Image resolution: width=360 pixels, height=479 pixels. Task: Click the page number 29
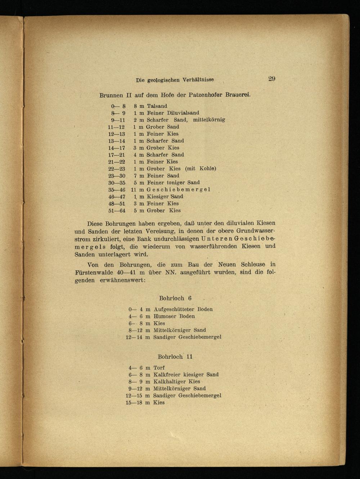coord(272,79)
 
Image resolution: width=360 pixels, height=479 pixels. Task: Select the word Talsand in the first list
coord(157,106)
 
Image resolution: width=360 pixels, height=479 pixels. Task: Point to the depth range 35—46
coord(117,189)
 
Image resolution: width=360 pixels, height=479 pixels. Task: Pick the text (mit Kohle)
coord(201,169)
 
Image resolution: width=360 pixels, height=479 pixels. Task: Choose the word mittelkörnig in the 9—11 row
coord(209,120)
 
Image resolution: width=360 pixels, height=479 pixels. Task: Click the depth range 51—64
coord(117,210)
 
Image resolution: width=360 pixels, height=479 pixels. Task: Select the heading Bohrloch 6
coord(175,298)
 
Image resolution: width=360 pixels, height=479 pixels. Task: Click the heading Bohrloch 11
coord(175,357)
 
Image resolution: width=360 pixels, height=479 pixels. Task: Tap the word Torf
coord(159,368)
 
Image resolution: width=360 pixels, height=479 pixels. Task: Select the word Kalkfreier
coord(167,375)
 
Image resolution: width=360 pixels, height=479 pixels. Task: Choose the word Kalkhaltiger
coord(168,381)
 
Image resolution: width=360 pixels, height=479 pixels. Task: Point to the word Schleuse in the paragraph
coord(253,265)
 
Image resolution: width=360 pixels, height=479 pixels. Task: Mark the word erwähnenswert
coord(122,280)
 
